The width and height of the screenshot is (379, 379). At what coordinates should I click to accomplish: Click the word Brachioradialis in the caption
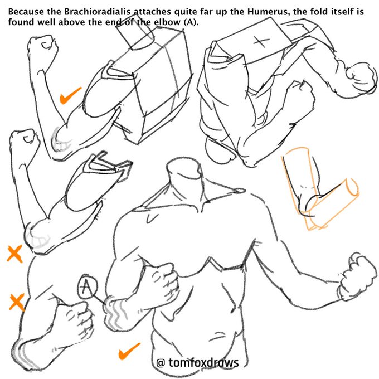click(x=98, y=12)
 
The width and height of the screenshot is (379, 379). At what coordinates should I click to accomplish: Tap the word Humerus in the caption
click(x=268, y=12)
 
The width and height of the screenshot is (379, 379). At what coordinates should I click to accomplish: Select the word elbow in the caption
click(x=167, y=22)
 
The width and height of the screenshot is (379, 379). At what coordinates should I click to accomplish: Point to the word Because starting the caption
click(x=26, y=12)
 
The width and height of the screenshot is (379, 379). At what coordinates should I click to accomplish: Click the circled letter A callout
click(x=88, y=286)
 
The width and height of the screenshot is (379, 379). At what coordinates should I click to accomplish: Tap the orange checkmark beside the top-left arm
click(x=70, y=95)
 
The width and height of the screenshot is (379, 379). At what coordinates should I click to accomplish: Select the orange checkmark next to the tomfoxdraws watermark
click(x=129, y=351)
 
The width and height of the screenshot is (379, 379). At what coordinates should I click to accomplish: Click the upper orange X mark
click(x=14, y=254)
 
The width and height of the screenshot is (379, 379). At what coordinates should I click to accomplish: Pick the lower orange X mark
click(x=17, y=302)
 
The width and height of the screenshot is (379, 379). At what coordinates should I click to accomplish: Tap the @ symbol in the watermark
click(x=161, y=363)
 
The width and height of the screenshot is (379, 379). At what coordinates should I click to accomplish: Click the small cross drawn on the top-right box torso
click(x=261, y=42)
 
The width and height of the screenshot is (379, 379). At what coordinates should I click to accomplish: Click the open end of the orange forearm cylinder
click(x=352, y=187)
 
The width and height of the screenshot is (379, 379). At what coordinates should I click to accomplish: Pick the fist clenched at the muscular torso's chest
click(x=162, y=278)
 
